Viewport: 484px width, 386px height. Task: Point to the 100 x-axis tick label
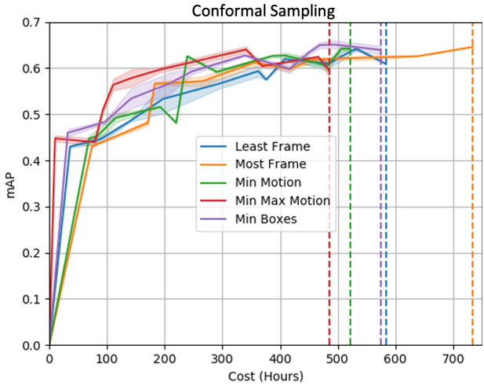pos(107,358)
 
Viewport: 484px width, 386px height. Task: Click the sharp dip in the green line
pos(176,123)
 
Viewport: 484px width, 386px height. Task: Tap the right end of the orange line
pos(472,47)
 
